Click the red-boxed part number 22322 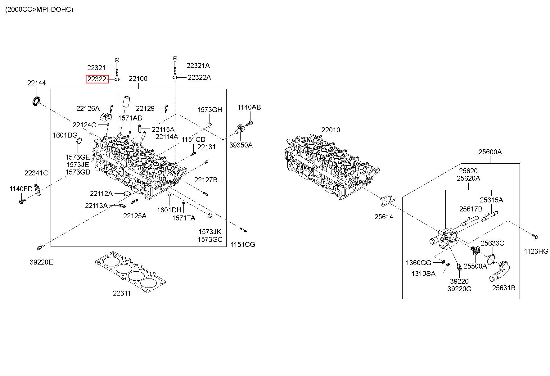[x=97, y=79]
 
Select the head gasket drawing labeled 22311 [x=130, y=272]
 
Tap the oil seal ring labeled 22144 [x=37, y=101]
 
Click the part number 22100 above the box [x=138, y=79]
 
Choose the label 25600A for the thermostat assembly [x=490, y=152]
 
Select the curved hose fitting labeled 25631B [x=500, y=271]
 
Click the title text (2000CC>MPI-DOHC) [x=39, y=9]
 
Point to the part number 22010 [x=331, y=130]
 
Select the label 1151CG [x=243, y=244]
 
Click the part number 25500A [x=475, y=266]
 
